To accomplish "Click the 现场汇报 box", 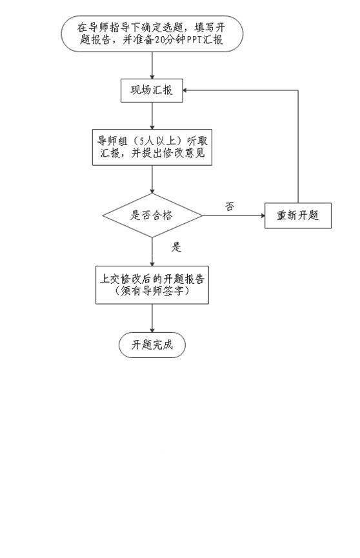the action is coord(152,90).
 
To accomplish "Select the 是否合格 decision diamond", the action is coord(152,215).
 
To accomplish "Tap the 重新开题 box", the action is coord(297,215).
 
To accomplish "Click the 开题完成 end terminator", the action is coord(152,345).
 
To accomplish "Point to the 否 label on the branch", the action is coord(230,206).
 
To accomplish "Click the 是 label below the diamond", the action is coord(176,247).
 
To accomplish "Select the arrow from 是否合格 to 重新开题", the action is coord(234,215).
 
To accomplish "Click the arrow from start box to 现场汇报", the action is coord(152,66).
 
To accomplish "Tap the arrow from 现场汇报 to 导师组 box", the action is coord(152,116).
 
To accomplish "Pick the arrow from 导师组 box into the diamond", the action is coord(152,179).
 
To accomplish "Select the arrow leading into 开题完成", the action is coord(152,318).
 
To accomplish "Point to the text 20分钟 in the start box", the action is coord(171,39).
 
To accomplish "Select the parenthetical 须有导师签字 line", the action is coord(152,291).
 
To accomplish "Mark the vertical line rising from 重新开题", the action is coord(297,146).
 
